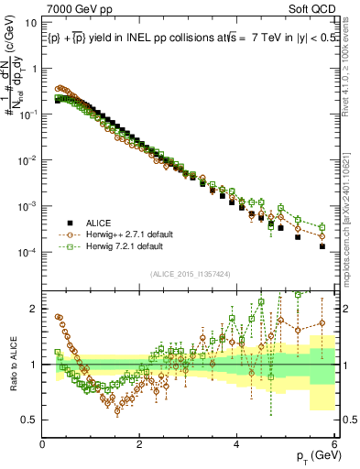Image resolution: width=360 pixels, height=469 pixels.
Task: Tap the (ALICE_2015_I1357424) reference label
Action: coord(188,273)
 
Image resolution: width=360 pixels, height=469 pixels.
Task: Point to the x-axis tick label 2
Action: coord(139,445)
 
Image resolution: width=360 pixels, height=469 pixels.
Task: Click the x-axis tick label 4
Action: coord(237,445)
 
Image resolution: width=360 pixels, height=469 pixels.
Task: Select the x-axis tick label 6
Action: coord(334,445)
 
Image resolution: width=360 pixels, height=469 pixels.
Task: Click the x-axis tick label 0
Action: coord(42,445)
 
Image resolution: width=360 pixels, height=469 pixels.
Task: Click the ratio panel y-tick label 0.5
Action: coord(29,420)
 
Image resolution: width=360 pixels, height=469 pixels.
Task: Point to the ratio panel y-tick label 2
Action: coord(34,309)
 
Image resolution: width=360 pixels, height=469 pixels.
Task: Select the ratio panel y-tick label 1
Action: coord(34,365)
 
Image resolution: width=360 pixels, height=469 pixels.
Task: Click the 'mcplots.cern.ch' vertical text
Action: coord(352,234)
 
